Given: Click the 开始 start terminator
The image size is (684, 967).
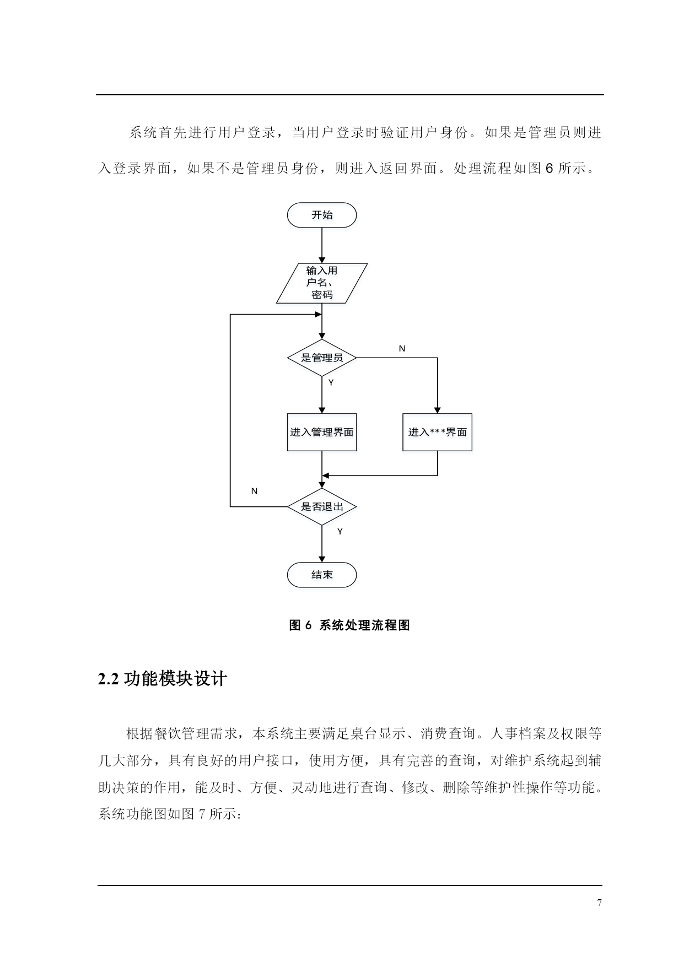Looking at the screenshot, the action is (322, 215).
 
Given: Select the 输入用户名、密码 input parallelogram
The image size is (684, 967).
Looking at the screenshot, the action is (322, 283).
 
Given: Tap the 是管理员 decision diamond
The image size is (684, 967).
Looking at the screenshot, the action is (322, 358).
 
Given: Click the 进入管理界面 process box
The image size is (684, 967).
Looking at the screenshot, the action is (322, 432).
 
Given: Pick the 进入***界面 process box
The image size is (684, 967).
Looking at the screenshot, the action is (437, 432).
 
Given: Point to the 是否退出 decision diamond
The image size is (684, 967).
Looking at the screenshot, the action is (322, 506).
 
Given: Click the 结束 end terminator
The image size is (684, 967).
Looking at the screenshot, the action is (322, 575).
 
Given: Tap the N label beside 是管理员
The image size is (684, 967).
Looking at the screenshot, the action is (402, 349).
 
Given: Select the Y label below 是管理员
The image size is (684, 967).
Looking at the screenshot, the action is (331, 382).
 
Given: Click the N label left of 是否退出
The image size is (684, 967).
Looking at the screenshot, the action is (254, 491).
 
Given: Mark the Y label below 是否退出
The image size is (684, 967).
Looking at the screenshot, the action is (340, 532).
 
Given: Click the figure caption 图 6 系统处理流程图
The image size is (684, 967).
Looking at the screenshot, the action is (349, 625).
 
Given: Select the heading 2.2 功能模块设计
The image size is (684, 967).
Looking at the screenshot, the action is (162, 679).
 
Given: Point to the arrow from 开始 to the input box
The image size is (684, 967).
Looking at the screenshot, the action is (322, 245).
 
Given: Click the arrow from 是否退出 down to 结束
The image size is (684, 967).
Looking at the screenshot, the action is (322, 544).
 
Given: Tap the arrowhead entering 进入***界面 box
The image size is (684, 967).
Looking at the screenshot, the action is (437, 410).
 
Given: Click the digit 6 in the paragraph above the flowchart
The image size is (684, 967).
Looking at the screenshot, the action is (549, 169).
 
